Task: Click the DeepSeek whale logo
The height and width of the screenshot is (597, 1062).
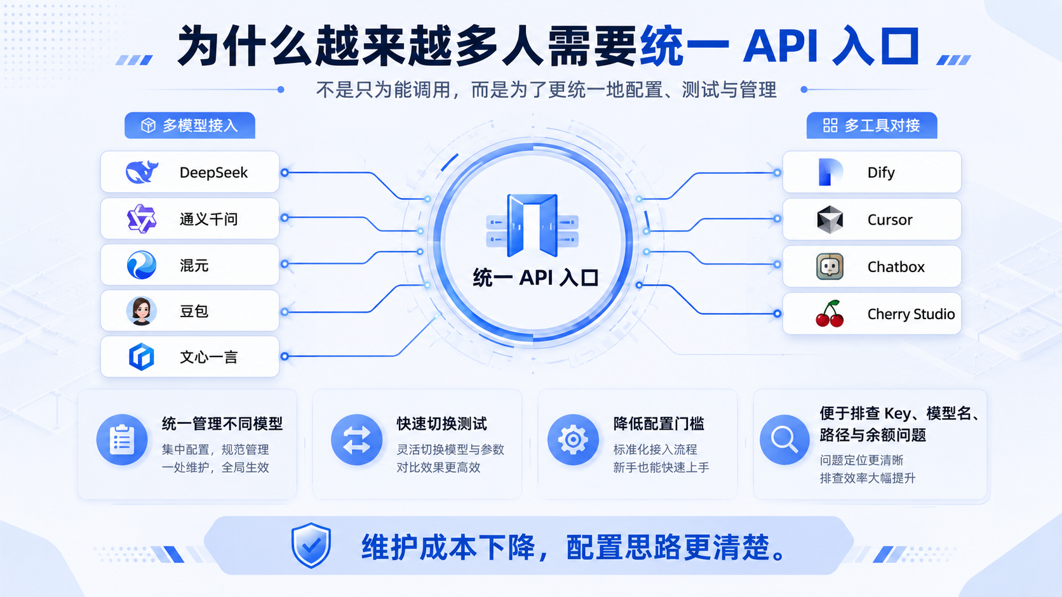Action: point(142,172)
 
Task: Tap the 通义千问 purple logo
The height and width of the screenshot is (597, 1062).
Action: point(142,219)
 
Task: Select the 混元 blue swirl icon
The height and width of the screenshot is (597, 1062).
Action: point(141,265)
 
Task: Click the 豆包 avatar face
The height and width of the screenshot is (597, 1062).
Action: point(141,311)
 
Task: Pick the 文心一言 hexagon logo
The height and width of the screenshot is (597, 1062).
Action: point(141,357)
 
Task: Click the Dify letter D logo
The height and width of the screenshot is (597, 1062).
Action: point(830,172)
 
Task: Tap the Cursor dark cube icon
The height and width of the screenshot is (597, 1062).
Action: point(830,220)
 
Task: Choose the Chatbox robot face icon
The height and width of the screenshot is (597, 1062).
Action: point(830,266)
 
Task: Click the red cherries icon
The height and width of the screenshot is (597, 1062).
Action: point(830,313)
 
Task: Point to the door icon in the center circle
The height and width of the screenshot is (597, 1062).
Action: point(532,225)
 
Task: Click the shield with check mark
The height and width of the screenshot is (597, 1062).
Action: point(311,545)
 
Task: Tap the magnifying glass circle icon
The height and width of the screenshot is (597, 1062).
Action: point(784,440)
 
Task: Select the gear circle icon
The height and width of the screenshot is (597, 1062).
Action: point(573,440)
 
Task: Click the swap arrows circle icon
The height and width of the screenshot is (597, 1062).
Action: point(356,440)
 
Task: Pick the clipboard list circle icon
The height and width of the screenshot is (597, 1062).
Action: point(122,440)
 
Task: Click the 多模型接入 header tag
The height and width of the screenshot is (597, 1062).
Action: point(190,126)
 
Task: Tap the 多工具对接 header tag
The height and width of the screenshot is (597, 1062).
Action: point(872,126)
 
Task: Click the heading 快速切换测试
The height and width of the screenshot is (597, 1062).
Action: point(441,424)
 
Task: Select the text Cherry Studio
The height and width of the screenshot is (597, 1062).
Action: point(911,314)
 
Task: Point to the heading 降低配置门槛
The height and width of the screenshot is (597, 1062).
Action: point(658,424)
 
